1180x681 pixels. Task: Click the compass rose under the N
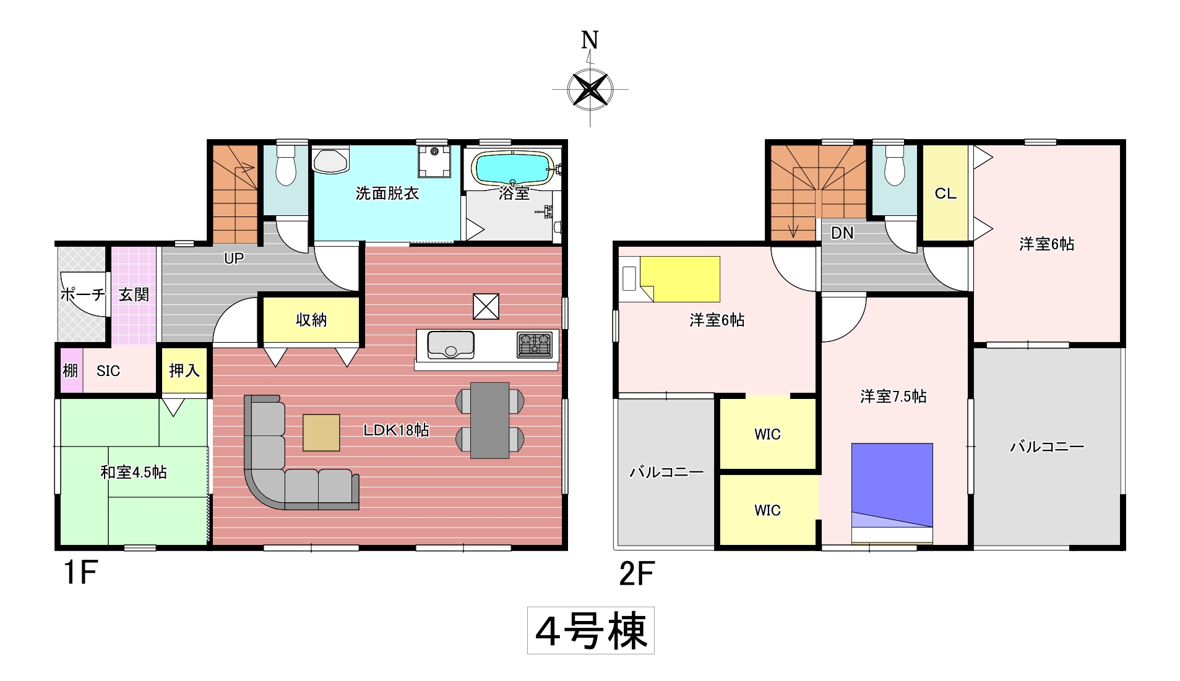coord(590,90)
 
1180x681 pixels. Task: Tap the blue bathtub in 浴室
coord(513,168)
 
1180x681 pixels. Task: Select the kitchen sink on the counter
coord(451,345)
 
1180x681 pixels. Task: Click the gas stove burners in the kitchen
coord(535,345)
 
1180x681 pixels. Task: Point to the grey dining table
coord(490,421)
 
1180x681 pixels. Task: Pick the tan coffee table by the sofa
coord(321,432)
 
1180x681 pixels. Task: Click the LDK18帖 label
coord(396,430)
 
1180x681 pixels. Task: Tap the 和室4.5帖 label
coord(134,472)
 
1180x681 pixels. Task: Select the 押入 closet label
coord(184,370)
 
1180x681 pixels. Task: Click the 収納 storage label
coord(311,320)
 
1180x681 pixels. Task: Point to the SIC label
coord(108,371)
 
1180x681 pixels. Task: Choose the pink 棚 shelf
coord(71,370)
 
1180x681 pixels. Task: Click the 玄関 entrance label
coord(134,294)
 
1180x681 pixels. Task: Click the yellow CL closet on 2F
coord(945,193)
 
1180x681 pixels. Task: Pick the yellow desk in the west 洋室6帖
coord(679,279)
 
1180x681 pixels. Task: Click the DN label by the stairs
coord(842,233)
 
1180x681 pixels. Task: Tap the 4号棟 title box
coord(591,631)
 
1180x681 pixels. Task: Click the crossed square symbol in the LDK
coord(486,306)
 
